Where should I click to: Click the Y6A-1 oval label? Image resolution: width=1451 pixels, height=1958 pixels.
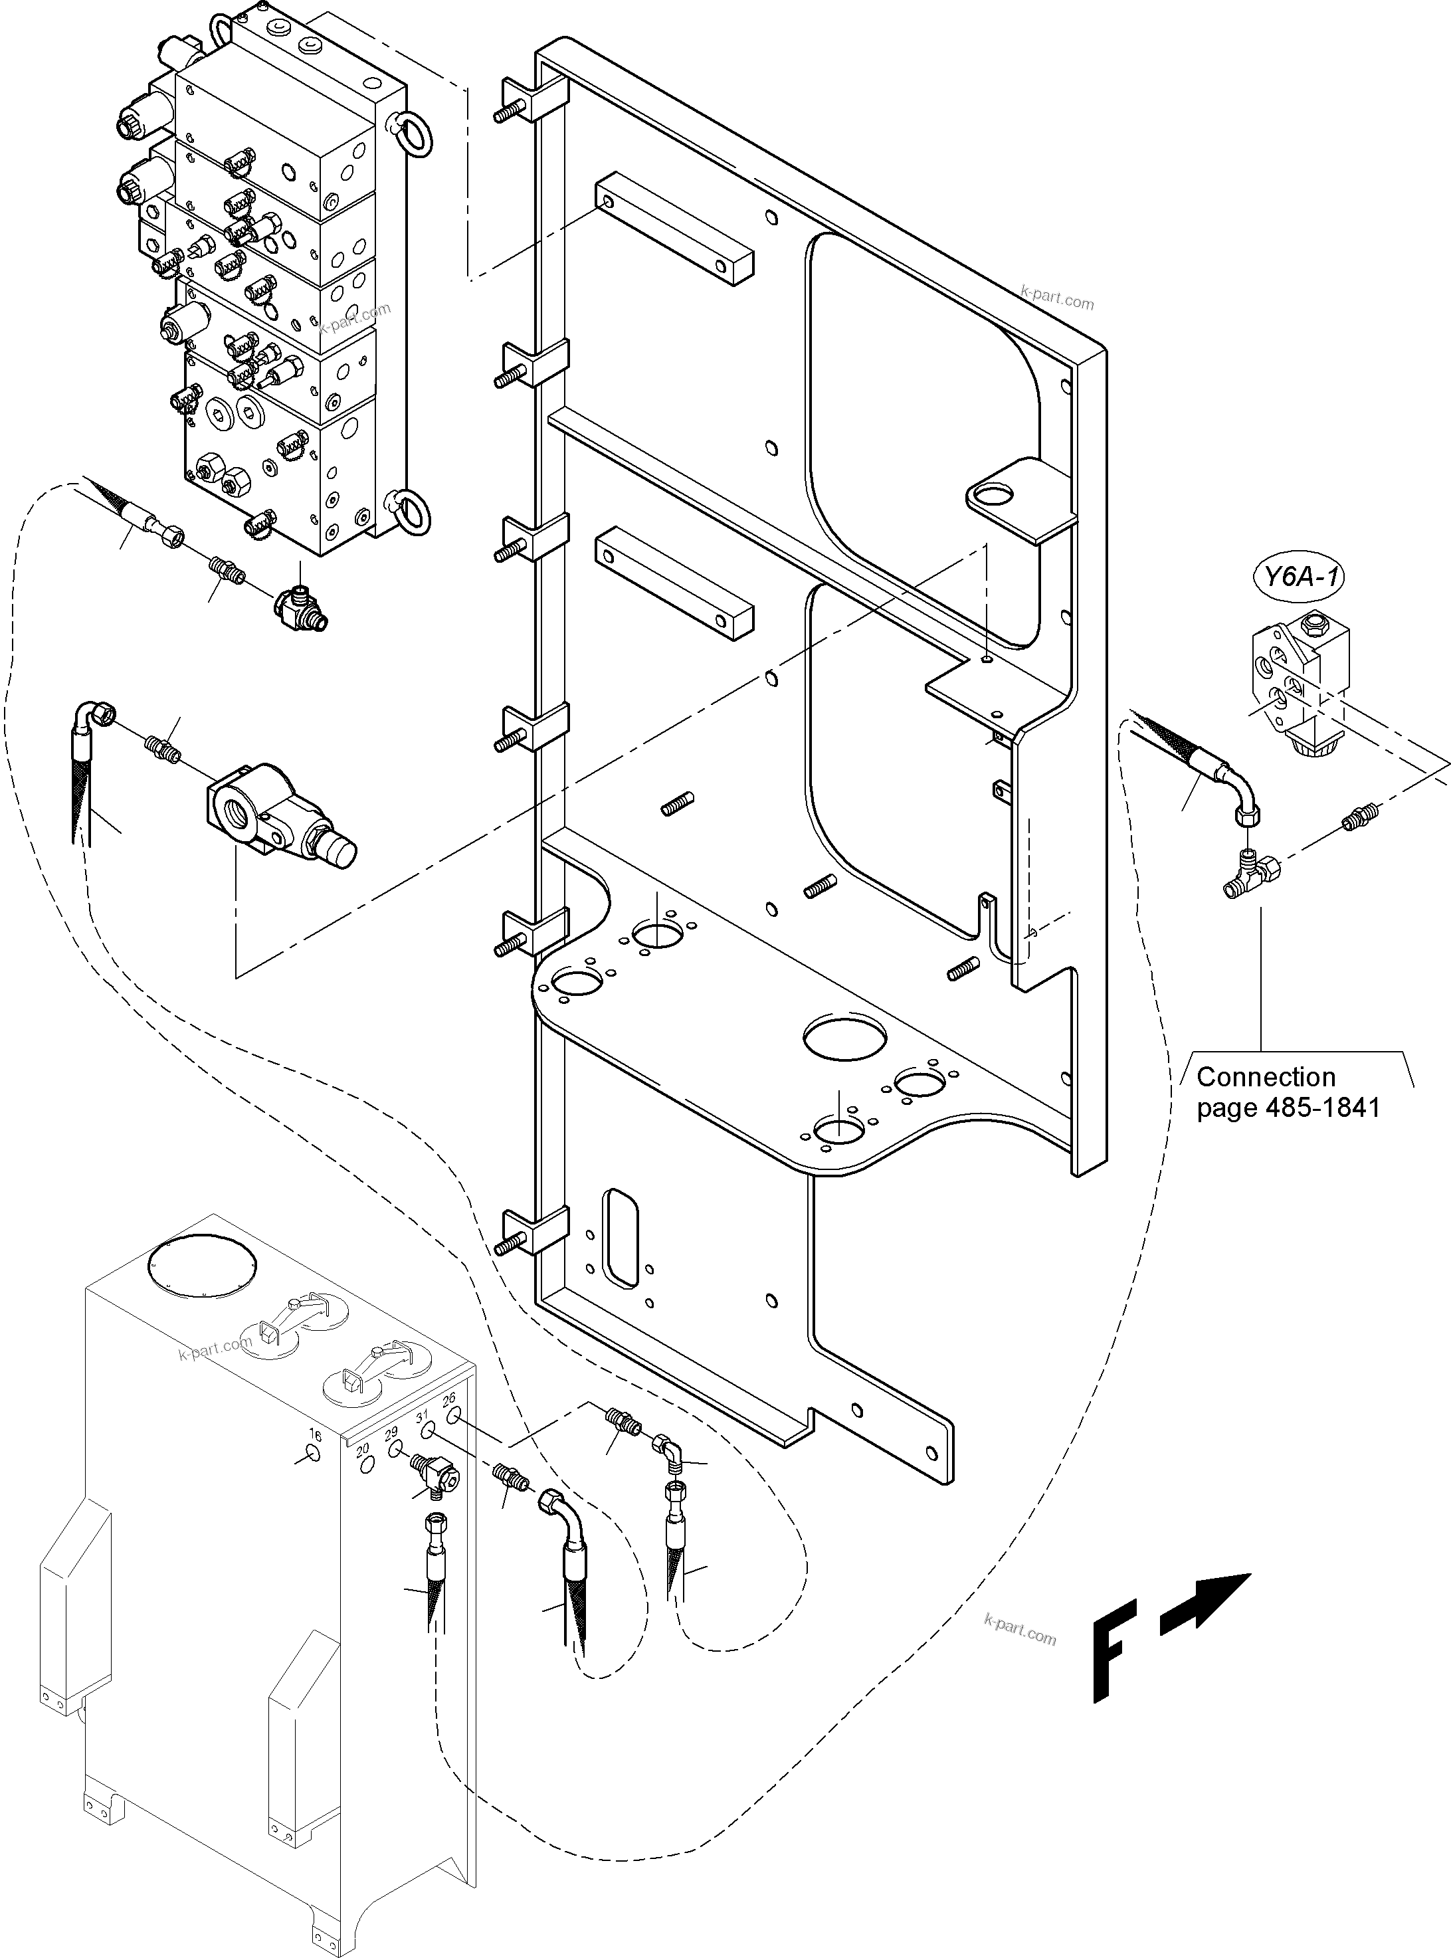(1298, 577)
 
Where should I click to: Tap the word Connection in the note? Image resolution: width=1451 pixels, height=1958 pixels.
(1266, 1077)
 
